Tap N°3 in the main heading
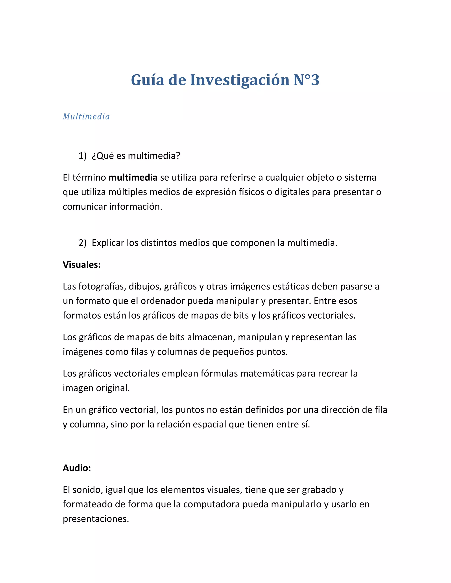pos(306,80)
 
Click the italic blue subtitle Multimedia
pos(86,117)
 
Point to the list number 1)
pos(83,156)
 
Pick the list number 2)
pos(83,243)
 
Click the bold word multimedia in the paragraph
pos(133,178)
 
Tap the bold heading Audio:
pos(77,468)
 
